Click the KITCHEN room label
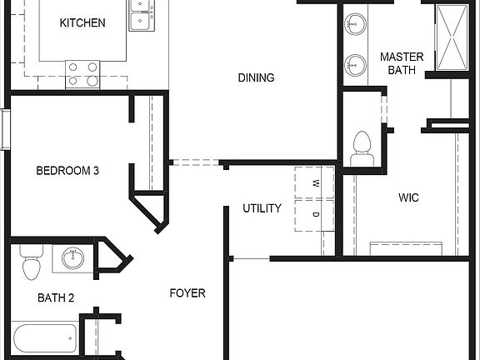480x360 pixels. point(82,22)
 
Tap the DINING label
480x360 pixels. point(256,77)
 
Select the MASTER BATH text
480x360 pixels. point(402,63)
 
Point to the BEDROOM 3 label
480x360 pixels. point(67,171)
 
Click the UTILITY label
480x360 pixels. point(262,207)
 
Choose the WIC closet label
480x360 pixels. point(408,197)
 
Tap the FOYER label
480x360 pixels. point(187,292)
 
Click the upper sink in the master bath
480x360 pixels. point(357,22)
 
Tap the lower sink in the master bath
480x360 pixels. point(357,63)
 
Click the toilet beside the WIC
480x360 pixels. point(362,148)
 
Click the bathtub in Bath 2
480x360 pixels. point(44,338)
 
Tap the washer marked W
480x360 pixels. point(315,183)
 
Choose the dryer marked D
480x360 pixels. point(315,214)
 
